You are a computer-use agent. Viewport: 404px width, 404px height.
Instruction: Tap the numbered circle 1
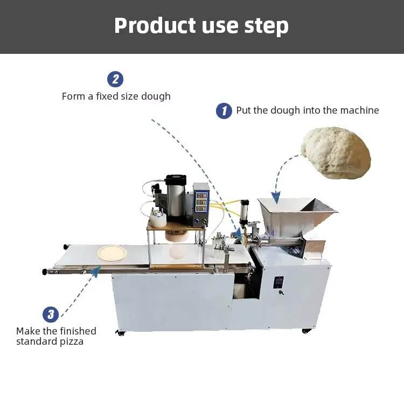pyautogui.click(x=224, y=111)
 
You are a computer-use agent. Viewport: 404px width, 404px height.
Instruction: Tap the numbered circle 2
pyautogui.click(x=115, y=79)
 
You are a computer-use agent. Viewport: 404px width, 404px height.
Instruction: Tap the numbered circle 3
pyautogui.click(x=51, y=314)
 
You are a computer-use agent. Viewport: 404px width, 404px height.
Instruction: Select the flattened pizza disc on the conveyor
pyautogui.click(x=113, y=252)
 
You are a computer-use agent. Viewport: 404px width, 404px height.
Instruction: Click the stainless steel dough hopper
pyautogui.click(x=294, y=213)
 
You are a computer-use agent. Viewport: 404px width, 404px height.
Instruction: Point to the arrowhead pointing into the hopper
pyautogui.click(x=276, y=198)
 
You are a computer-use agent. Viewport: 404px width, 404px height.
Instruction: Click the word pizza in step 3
pyautogui.click(x=71, y=342)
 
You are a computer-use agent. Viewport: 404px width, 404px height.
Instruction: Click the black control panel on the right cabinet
pyautogui.click(x=279, y=283)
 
